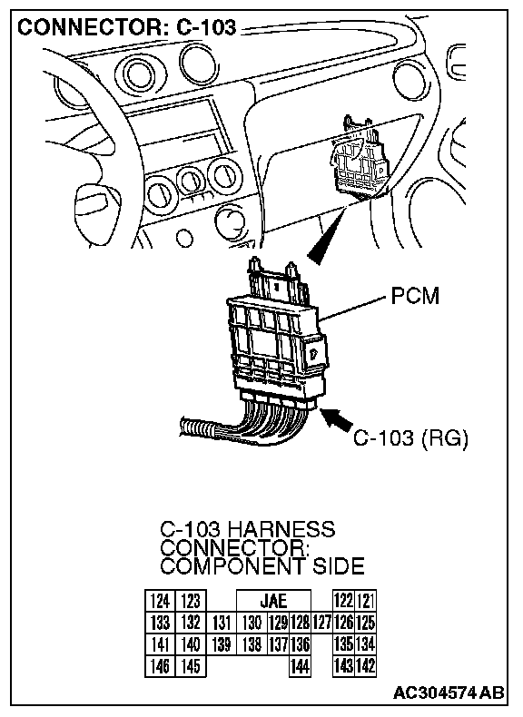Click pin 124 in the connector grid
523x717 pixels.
tap(160, 601)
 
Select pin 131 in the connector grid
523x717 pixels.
tap(222, 623)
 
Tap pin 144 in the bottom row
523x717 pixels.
tap(300, 666)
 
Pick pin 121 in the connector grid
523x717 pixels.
tap(366, 601)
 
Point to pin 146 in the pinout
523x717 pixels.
tap(160, 666)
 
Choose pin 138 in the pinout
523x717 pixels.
tap(252, 644)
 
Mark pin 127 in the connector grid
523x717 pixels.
tap(321, 623)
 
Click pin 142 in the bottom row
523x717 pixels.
tap(366, 666)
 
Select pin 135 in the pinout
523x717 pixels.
tap(343, 644)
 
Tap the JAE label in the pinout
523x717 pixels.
tap(273, 601)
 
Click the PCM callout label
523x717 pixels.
tap(415, 296)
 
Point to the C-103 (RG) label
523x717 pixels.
tap(410, 438)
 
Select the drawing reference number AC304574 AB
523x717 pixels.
tap(449, 692)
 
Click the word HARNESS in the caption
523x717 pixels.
tap(281, 529)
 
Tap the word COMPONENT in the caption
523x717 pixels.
tap(232, 566)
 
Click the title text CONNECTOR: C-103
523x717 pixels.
tap(127, 27)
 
